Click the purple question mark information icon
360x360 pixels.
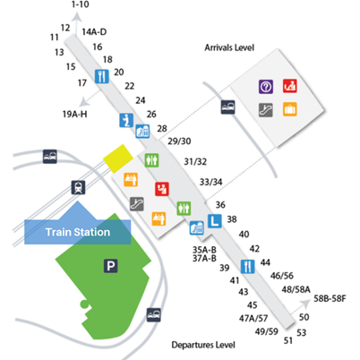click(x=266, y=87)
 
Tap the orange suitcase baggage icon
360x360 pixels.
click(x=290, y=109)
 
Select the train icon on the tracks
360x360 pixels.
click(x=79, y=187)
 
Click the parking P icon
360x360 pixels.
click(x=111, y=266)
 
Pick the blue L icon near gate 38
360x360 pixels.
click(x=215, y=221)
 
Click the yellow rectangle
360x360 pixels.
click(x=118, y=159)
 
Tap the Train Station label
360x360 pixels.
click(x=78, y=232)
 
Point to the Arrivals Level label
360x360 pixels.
click(x=229, y=47)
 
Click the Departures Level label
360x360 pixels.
click(x=203, y=345)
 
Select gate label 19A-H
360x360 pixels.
click(x=75, y=114)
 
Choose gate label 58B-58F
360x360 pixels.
click(x=330, y=298)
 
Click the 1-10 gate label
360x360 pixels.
click(x=81, y=4)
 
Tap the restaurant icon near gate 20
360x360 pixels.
click(x=102, y=76)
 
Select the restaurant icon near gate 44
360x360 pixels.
click(x=248, y=267)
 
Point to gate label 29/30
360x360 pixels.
click(x=179, y=141)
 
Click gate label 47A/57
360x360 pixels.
click(x=253, y=319)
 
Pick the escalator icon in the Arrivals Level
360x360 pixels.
click(x=266, y=110)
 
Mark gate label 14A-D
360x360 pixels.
click(x=94, y=32)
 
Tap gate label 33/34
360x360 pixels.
click(x=210, y=182)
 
